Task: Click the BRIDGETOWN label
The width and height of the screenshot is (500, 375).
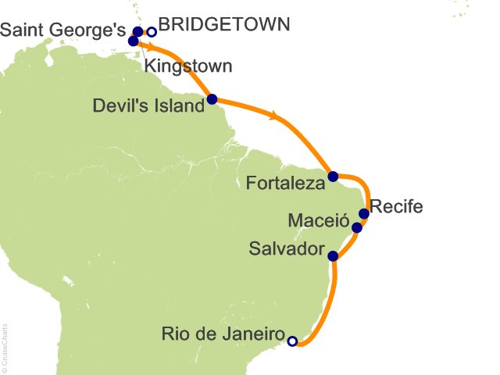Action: (x=224, y=24)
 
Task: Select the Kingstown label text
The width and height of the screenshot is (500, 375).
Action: (x=187, y=66)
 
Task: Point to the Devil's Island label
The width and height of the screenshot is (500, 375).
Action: (x=147, y=105)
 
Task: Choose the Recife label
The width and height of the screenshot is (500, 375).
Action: (x=396, y=207)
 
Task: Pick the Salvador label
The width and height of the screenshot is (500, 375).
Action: (x=286, y=250)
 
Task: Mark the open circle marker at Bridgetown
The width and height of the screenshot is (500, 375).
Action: (x=152, y=32)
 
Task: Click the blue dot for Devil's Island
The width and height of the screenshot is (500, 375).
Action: (x=212, y=99)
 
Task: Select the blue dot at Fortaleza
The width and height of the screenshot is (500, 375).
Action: (x=333, y=177)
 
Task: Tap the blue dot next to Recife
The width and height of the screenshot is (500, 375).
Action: (x=363, y=213)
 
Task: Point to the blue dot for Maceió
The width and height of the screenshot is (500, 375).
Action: (x=357, y=228)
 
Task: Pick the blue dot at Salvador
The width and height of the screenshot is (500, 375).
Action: (x=333, y=255)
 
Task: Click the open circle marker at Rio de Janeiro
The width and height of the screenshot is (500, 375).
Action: (x=292, y=341)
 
